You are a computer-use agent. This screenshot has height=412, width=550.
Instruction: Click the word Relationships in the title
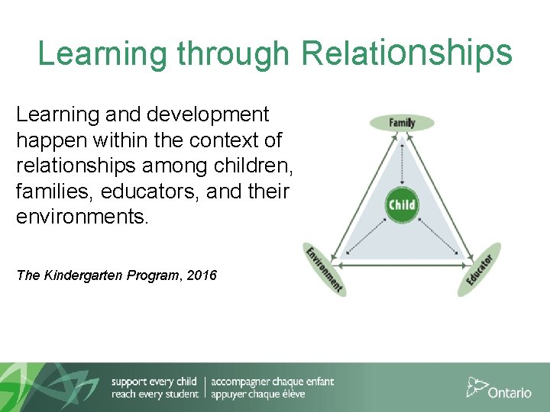pyautogui.click(x=406, y=53)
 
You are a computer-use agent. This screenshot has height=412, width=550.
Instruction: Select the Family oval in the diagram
pyautogui.click(x=402, y=123)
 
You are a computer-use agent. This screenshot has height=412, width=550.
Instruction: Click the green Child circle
pyautogui.click(x=402, y=204)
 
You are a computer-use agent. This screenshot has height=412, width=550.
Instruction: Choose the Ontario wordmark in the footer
pyautogui.click(x=510, y=392)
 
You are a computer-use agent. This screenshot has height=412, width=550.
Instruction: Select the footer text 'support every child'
pyautogui.click(x=154, y=381)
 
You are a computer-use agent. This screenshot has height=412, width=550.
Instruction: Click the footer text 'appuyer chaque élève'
pyautogui.click(x=257, y=394)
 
